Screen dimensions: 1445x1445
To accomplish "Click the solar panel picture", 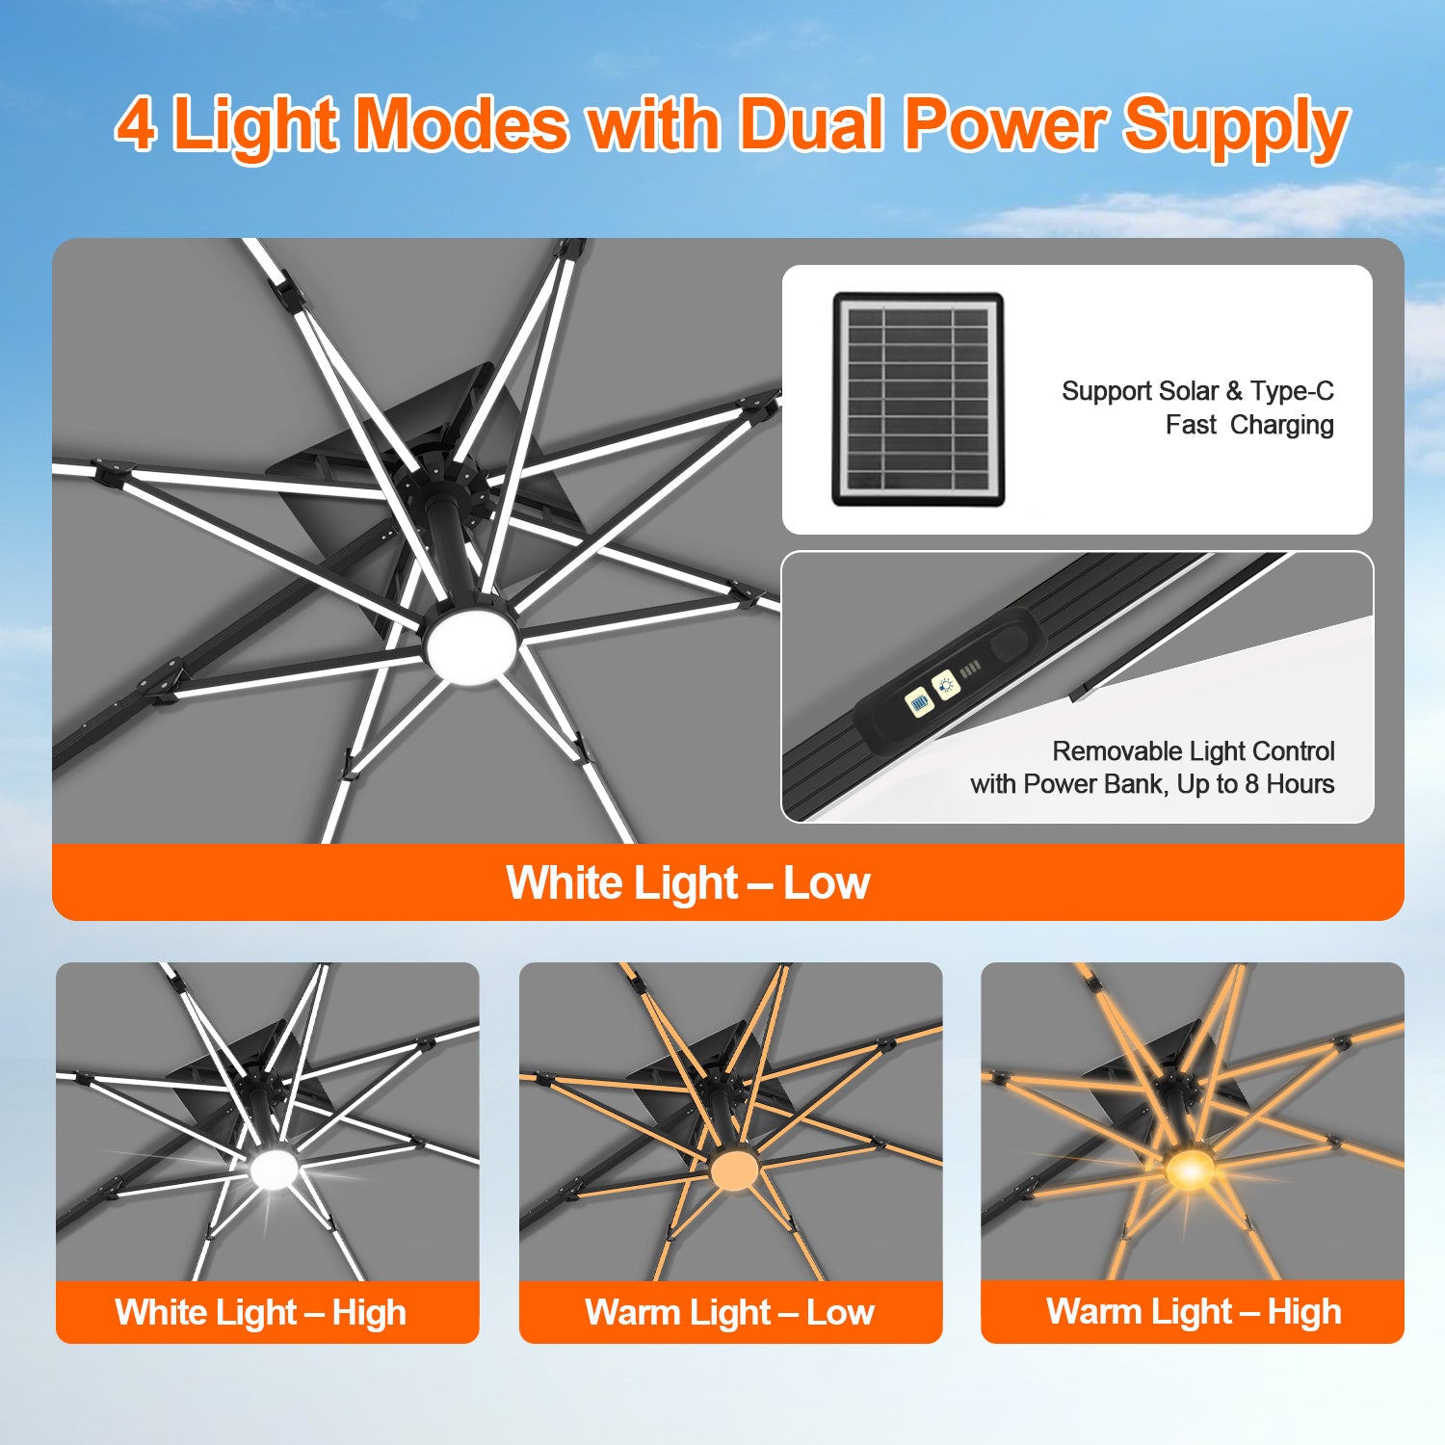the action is pos(918,400).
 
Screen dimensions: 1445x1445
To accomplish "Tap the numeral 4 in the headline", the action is pos(136,124).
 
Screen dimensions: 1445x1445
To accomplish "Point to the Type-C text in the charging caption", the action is pos(1292,391).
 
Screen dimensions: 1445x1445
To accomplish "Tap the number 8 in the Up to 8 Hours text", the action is pos(1251,784).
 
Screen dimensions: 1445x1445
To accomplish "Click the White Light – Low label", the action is pos(688,882).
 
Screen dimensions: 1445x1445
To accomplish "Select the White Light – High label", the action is pos(260,1312).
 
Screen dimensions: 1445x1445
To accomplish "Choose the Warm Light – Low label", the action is pos(729,1312).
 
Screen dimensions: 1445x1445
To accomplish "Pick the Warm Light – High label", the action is pos(1194,1312).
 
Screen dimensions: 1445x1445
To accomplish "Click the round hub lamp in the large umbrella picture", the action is pos(472,648).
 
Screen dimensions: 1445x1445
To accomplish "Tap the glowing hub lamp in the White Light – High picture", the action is pos(275,1169).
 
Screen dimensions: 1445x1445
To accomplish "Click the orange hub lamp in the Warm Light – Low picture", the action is pos(734,1169).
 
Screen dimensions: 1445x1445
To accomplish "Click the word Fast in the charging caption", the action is pos(1191,425).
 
